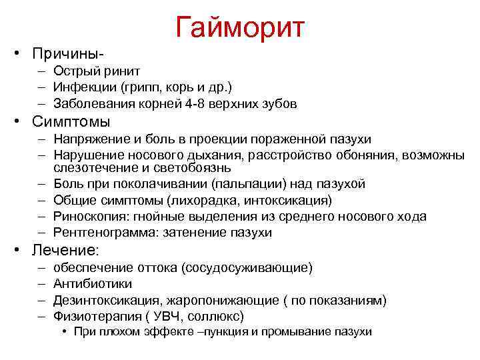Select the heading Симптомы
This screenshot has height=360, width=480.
coord(68,122)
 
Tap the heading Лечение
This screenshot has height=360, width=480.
coord(64,251)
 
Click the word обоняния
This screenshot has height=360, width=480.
coord(369,155)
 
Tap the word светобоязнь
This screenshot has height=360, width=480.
coord(193,168)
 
